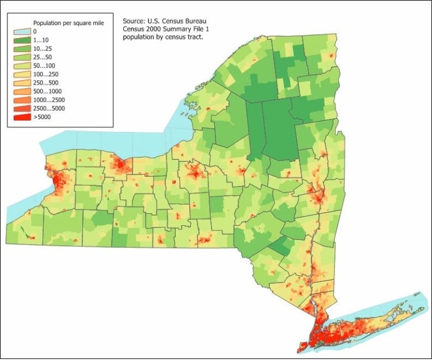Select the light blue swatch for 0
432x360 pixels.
point(22,32)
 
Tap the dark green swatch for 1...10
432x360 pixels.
point(22,40)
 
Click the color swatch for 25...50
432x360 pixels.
point(22,57)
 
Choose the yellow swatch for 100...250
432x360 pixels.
point(22,75)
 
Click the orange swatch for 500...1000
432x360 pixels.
point(22,92)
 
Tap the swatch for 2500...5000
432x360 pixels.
point(22,109)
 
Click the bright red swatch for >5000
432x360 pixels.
point(22,117)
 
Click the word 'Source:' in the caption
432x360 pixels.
point(134,20)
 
